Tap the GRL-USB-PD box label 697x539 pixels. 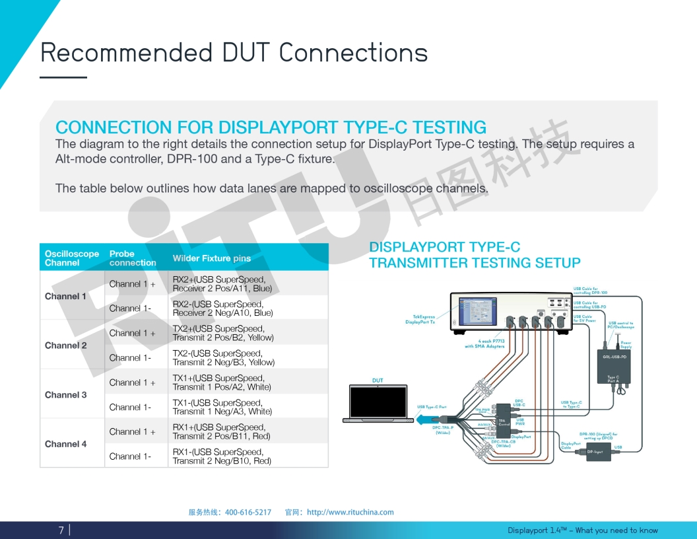point(614,357)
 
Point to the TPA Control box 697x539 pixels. point(502,421)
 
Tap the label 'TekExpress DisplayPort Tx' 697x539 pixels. point(420,319)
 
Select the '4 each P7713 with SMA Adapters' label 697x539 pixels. point(484,343)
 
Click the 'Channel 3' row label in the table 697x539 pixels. point(65,395)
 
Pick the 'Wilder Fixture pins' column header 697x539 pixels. point(211,258)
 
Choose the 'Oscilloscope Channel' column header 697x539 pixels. point(71,258)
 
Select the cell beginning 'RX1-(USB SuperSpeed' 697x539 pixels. point(222,456)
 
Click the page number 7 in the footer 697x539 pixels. point(61,530)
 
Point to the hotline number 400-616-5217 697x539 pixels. point(248,512)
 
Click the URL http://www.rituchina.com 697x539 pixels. point(350,512)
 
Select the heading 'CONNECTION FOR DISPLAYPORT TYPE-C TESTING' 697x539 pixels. point(271,127)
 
